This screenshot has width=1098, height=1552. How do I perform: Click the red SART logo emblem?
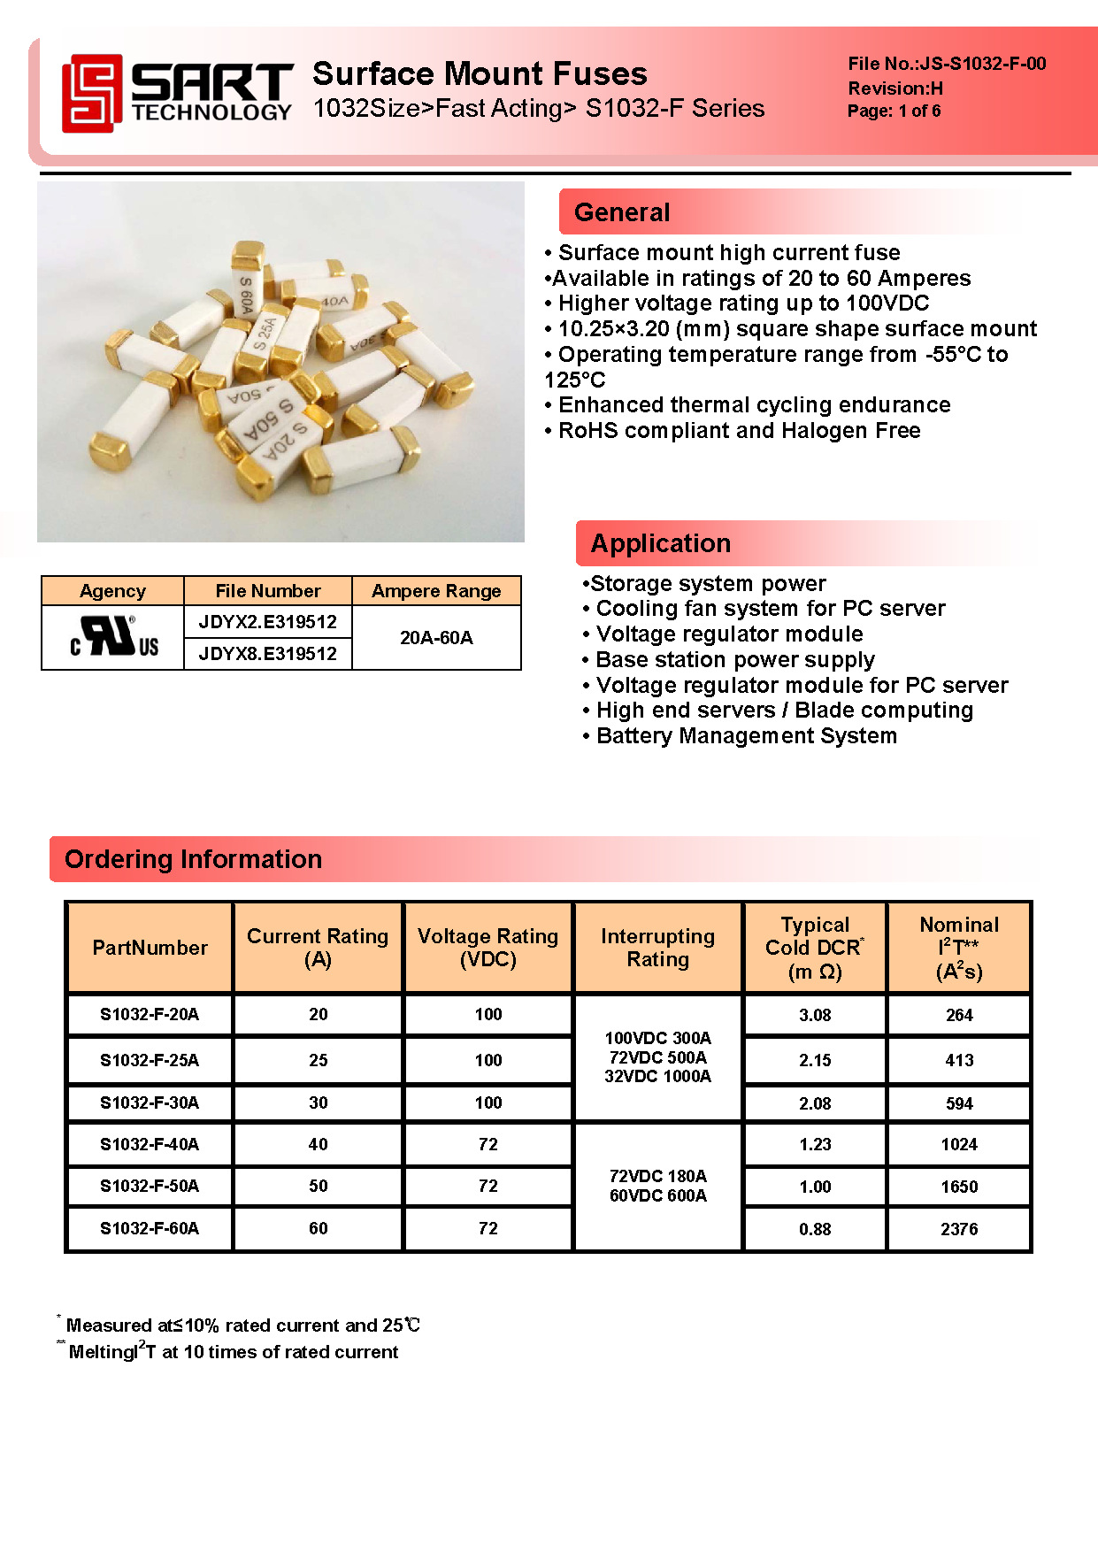[x=91, y=93]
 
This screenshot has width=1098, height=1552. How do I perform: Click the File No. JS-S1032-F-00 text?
[x=946, y=64]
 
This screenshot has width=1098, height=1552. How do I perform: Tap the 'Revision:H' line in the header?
[x=895, y=88]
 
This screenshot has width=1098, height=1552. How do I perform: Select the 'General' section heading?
[x=622, y=212]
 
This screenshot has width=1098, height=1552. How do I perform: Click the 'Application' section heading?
[x=660, y=543]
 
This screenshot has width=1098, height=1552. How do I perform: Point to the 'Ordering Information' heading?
[x=193, y=859]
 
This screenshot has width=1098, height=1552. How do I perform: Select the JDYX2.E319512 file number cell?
[x=267, y=622]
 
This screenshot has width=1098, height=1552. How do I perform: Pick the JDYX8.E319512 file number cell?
[x=267, y=654]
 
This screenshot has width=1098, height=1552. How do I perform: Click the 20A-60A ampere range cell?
[x=436, y=638]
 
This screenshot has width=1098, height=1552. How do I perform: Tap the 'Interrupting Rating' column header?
[x=657, y=948]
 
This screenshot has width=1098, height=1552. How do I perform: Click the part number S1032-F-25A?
[x=150, y=1060]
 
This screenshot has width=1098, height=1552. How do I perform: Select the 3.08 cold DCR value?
[x=815, y=1015]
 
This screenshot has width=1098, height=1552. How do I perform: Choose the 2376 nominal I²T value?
[x=959, y=1229]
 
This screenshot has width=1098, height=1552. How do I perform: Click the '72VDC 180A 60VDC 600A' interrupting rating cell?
[x=657, y=1186]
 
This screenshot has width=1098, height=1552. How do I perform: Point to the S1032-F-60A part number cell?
[x=150, y=1228]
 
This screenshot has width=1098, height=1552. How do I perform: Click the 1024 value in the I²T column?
[x=959, y=1144]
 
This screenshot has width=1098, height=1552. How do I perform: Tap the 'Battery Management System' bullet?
[x=746, y=736]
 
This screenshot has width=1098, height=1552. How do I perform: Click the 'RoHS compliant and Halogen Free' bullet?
[x=739, y=431]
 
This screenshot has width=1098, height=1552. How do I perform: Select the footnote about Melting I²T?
[x=233, y=1352]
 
